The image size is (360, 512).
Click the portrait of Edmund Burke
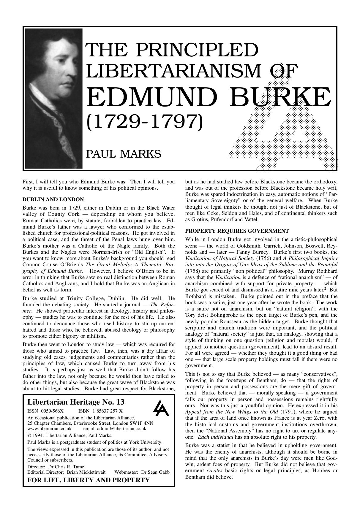[x=53, y=98]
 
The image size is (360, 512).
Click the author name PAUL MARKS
[x=124, y=154]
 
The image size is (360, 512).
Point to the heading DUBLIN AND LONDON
[x=53, y=199]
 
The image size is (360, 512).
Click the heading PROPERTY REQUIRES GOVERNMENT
[x=237, y=231]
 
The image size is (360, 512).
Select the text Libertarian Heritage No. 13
[x=76, y=402]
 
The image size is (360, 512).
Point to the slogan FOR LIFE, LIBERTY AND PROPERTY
[x=89, y=480]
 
